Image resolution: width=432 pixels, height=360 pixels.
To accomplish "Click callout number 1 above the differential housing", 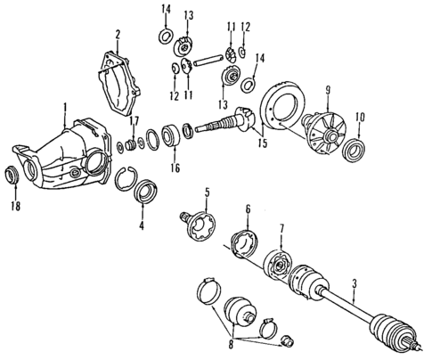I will coord(64,109).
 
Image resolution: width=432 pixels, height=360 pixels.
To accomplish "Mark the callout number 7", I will coord(282,229).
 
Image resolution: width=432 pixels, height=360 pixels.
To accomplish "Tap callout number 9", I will coord(327,89).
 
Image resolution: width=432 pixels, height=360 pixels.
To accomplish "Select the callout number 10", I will coord(359,115).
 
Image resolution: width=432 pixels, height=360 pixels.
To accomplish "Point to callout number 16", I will coord(175,167).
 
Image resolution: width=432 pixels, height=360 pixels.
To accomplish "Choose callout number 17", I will coord(135,121).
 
